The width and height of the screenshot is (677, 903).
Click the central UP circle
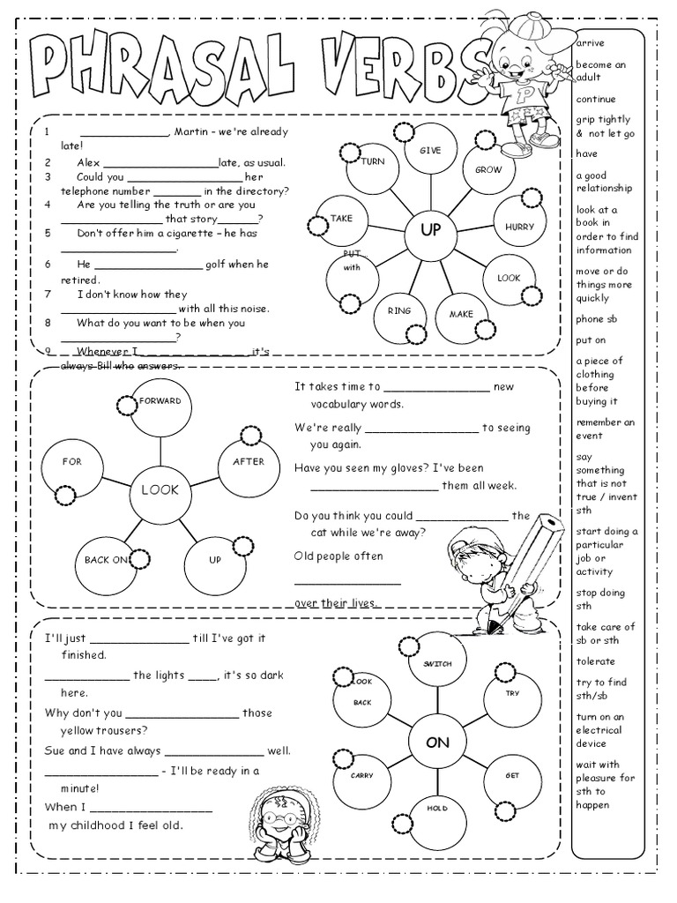[430, 232]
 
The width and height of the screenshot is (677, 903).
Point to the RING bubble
[399, 313]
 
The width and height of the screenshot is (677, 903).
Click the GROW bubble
[487, 170]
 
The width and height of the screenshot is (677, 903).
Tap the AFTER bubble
[248, 463]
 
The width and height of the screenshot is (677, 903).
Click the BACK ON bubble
[107, 561]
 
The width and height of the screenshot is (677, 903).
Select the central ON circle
[437, 743]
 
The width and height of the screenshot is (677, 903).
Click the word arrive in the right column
[590, 43]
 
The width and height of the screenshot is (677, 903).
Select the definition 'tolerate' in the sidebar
[596, 661]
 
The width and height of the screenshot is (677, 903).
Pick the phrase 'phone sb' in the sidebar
[597, 319]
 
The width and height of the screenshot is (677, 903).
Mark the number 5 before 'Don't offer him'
[45, 234]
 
